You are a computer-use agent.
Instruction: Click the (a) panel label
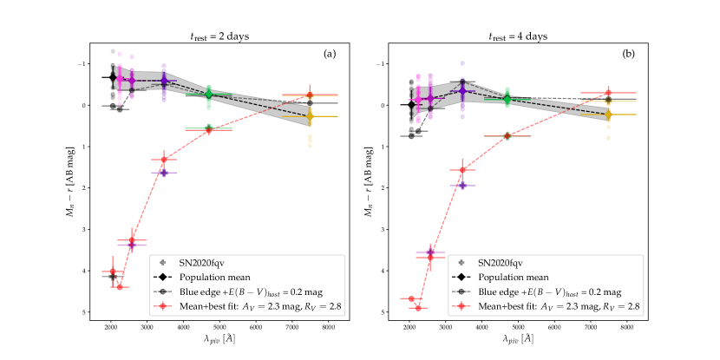[x=330, y=55]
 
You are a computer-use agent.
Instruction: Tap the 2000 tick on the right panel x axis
[x=409, y=329]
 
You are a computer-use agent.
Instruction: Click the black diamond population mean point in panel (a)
[x=113, y=77]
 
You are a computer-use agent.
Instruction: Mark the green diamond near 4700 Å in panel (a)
[x=209, y=94]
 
